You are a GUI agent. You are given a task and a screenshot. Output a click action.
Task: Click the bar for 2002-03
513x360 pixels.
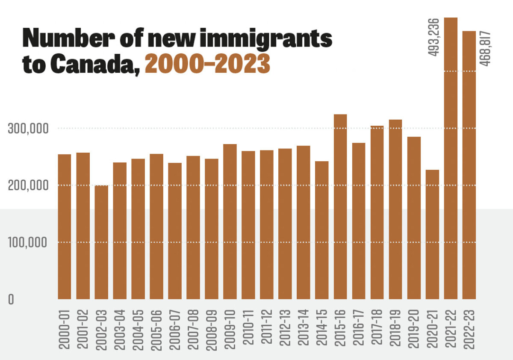101,242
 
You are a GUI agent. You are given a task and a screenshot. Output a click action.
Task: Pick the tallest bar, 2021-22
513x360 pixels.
451,158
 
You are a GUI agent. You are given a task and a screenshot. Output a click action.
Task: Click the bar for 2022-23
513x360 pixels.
469,165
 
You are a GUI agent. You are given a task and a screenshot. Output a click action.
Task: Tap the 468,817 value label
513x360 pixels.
486,48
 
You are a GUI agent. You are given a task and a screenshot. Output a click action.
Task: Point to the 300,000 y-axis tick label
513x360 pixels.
27,129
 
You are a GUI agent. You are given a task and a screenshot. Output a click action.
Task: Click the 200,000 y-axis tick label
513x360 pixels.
27,186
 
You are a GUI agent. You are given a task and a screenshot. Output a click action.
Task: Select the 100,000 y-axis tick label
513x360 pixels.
27,242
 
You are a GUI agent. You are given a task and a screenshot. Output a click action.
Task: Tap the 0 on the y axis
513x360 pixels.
11,299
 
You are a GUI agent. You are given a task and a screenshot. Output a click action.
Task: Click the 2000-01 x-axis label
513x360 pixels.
65,327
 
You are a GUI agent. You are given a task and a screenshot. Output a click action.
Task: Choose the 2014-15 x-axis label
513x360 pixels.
322,327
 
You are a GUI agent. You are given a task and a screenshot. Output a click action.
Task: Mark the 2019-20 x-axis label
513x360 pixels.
414,327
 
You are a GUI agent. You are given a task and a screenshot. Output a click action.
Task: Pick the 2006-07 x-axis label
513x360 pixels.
175,327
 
